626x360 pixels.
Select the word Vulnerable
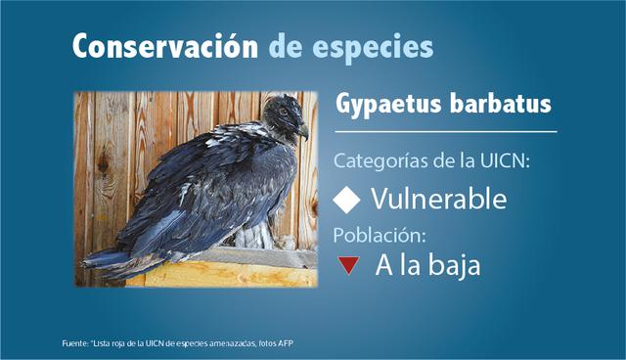click(x=438, y=201)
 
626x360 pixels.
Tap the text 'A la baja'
click(x=427, y=265)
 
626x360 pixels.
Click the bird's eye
click(x=286, y=112)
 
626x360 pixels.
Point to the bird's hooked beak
click(x=303, y=129)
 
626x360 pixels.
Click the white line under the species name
click(x=445, y=130)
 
